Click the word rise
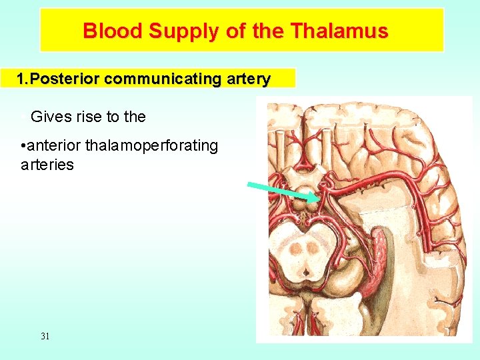click(85, 117)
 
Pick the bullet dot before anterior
click(23, 146)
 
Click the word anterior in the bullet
click(55, 145)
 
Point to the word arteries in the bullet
click(47, 164)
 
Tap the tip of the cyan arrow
click(318, 199)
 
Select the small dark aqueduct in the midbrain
click(305, 271)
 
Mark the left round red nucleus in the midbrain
click(296, 249)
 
